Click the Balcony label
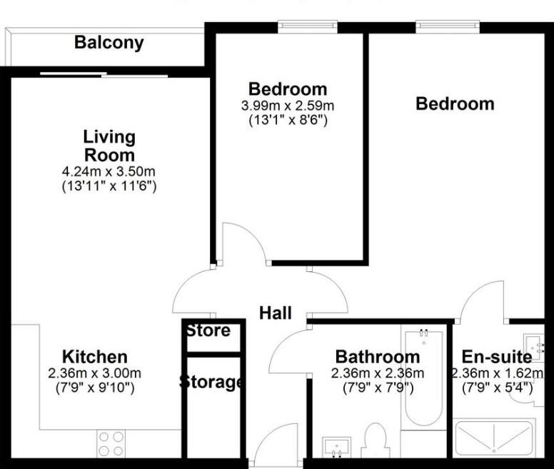[x=109, y=43]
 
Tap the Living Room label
[x=109, y=146]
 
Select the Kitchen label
[x=94, y=357]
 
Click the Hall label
[x=275, y=313]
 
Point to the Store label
[x=208, y=331]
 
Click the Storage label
[x=211, y=382]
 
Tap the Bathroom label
[x=378, y=357]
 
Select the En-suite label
[x=497, y=357]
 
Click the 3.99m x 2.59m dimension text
[x=288, y=106]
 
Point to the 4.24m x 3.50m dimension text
[x=109, y=172]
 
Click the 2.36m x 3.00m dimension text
[x=94, y=373]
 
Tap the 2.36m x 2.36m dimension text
[x=378, y=373]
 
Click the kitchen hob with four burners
[x=110, y=443]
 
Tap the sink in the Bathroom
[x=334, y=448]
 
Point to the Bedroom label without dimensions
[x=455, y=104]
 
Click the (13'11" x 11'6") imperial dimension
[x=109, y=186]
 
